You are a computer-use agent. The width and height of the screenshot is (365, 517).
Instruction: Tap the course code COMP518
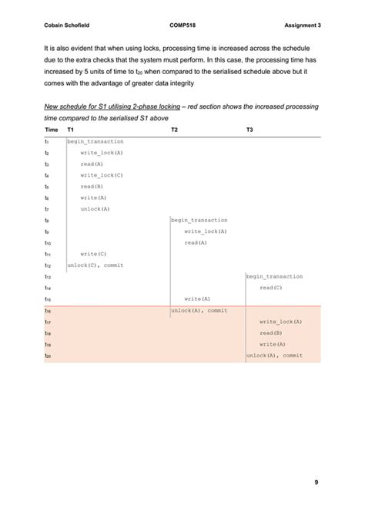(x=182, y=26)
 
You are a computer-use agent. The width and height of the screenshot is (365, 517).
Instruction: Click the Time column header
(x=52, y=130)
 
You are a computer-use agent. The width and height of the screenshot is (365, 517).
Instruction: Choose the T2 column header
(x=175, y=130)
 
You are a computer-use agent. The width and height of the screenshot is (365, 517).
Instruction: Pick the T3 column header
(x=249, y=130)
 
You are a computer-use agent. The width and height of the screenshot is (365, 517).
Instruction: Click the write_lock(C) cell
(x=102, y=175)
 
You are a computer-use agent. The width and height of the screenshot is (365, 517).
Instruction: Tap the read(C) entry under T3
(x=271, y=287)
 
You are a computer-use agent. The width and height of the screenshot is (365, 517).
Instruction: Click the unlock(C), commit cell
(x=95, y=265)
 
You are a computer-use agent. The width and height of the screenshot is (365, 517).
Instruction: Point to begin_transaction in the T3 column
(x=274, y=276)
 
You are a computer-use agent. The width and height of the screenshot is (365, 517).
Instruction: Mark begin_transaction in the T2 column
(x=199, y=220)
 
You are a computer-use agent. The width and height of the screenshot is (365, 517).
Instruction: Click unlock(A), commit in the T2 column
(x=199, y=310)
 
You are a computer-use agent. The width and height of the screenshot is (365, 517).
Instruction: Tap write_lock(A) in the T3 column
(x=280, y=321)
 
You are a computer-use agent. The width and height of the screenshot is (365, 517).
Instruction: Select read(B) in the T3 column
(x=271, y=333)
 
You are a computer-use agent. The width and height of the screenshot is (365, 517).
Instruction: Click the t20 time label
(x=48, y=355)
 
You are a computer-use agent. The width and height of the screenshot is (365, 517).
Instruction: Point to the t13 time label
(x=48, y=276)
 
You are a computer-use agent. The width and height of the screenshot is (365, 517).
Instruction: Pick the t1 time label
(x=47, y=141)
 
